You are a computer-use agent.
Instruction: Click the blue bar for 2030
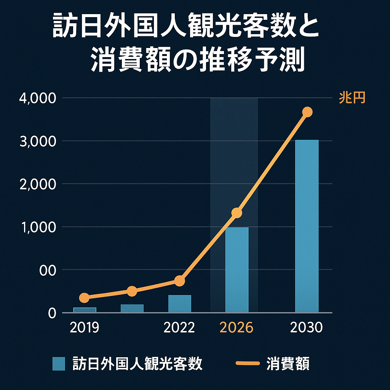pos(307,226)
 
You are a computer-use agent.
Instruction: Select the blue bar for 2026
pos(237,270)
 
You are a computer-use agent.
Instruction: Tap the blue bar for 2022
pos(180,304)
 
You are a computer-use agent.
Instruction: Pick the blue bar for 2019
pos(85,310)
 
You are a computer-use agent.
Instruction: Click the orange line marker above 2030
pos(307,112)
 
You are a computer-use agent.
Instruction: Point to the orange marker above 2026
pos(237,213)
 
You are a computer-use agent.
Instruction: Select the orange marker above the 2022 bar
pos(180,281)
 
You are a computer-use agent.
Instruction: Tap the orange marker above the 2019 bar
pos(85,297)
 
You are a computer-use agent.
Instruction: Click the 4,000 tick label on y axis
pos(37,98)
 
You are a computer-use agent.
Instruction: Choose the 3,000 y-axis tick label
pos(37,141)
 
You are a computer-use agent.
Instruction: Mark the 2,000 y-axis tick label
pos(37,184)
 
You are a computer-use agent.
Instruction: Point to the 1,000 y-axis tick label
pos(37,227)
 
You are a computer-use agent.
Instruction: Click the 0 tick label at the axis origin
pos(52,313)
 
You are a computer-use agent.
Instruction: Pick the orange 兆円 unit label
pos(352,98)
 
